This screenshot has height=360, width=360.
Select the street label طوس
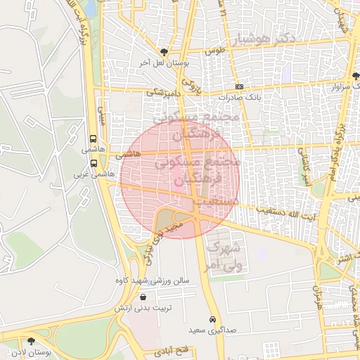[x=214, y=51]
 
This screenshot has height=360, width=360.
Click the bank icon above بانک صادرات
[x=240, y=86]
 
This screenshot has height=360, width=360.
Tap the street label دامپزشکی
[x=164, y=91]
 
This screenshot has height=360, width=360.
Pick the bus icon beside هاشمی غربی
[x=94, y=162]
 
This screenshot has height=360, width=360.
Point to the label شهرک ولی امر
[x=226, y=257]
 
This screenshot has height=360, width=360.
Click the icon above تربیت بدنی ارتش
[x=143, y=297]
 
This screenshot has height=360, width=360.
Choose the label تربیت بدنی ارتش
[x=143, y=309]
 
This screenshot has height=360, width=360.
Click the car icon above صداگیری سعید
[x=212, y=319]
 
